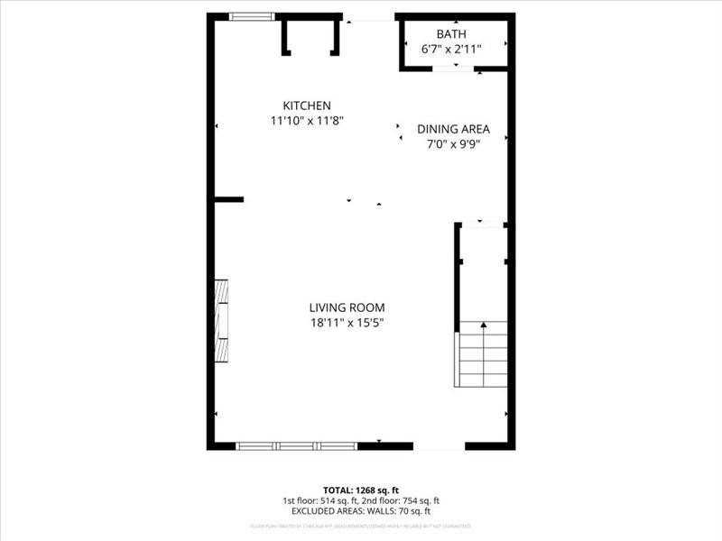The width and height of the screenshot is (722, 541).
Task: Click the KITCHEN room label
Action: [307, 105]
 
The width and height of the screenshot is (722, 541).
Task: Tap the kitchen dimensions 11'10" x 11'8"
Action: [307, 120]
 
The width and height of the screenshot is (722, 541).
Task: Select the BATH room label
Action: [451, 34]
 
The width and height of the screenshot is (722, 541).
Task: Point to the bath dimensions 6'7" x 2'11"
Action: [451, 49]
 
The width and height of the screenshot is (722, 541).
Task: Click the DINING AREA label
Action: [453, 129]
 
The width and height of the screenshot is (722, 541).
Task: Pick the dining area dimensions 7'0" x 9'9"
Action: [453, 143]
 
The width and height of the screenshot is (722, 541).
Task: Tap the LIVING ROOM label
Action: [347, 307]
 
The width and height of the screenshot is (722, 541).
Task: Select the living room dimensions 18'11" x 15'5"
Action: [347, 323]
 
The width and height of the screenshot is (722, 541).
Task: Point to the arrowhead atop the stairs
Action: [483, 325]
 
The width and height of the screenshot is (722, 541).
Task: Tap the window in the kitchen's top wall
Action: [251, 16]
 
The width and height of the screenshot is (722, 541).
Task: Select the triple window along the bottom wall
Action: [296, 445]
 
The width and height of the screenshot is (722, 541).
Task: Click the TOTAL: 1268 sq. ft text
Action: [360, 491]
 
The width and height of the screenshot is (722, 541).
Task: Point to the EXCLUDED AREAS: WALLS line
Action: [360, 512]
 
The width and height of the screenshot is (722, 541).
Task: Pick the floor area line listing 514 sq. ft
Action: [360, 501]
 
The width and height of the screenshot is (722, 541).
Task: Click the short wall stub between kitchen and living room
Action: [229, 199]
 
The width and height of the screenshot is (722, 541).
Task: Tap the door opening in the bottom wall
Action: [439, 445]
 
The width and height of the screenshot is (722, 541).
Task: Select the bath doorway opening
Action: [454, 69]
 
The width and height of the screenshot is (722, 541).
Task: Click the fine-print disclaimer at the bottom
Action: [360, 525]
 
